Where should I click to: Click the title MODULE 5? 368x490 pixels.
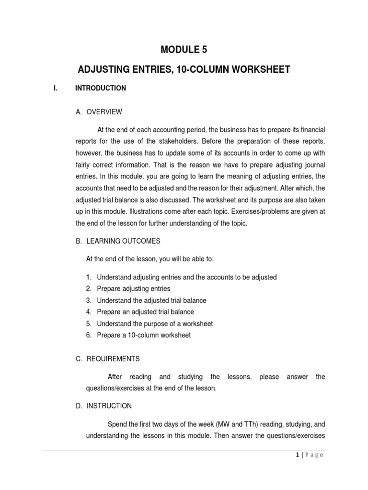(x=184, y=49)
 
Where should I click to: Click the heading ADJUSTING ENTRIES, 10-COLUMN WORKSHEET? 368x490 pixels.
(x=184, y=69)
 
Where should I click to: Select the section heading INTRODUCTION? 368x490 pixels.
(x=101, y=88)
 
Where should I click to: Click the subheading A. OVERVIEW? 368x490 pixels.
(x=99, y=112)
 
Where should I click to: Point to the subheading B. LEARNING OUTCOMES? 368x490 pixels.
(x=118, y=241)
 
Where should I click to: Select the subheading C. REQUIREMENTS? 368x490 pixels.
(x=108, y=358)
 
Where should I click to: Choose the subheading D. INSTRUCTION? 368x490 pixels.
(x=103, y=406)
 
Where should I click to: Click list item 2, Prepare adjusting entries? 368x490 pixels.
(x=133, y=289)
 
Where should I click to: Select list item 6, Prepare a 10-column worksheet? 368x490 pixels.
(x=143, y=335)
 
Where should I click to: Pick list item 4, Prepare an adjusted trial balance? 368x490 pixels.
(x=145, y=312)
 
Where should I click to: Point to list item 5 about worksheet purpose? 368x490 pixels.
(x=154, y=323)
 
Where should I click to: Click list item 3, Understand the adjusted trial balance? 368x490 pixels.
(x=151, y=301)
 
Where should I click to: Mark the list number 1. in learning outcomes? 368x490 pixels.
(x=89, y=278)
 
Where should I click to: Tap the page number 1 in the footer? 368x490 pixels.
(x=298, y=455)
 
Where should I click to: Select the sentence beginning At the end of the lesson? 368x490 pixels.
(x=150, y=259)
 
